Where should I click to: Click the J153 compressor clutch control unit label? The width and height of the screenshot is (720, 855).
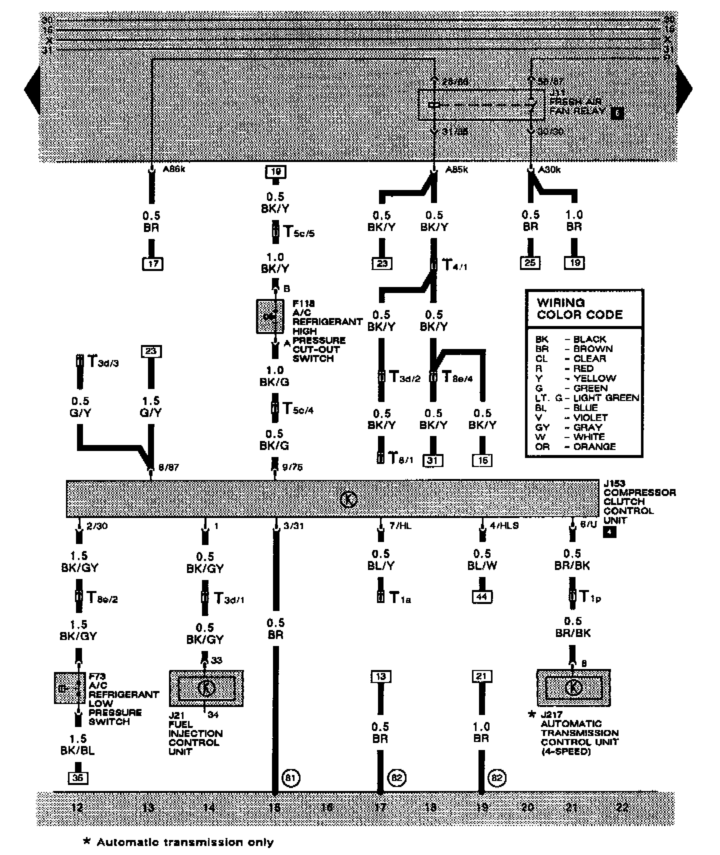(x=638, y=502)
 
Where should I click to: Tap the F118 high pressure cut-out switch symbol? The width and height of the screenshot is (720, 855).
(x=269, y=316)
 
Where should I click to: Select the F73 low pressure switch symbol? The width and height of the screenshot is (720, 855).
(x=70, y=687)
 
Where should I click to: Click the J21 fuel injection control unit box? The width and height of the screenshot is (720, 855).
(x=206, y=688)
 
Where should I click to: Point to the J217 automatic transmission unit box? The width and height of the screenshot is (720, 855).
(x=573, y=687)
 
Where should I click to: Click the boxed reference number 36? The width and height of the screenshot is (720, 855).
(x=78, y=778)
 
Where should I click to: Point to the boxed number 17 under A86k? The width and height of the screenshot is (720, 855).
(x=152, y=263)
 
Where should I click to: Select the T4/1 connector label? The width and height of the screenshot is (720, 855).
(x=454, y=264)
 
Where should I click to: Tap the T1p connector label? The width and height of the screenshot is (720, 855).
(x=590, y=596)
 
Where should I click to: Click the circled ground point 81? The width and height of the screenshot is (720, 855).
(x=291, y=778)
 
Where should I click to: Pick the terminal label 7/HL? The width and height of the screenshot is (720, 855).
(x=400, y=525)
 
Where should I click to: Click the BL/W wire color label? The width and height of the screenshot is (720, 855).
(x=482, y=565)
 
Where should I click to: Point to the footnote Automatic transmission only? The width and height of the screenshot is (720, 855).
(x=179, y=842)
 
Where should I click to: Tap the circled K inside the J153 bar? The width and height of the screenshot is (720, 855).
(x=348, y=499)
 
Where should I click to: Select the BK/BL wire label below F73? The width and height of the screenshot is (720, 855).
(x=78, y=750)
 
